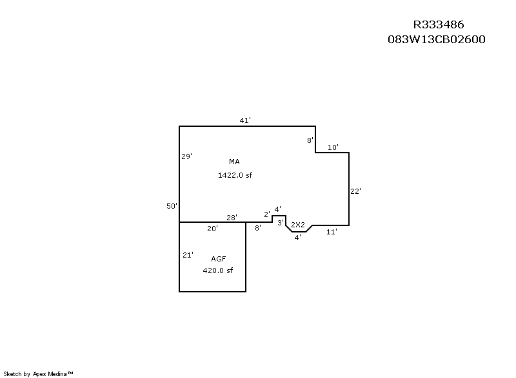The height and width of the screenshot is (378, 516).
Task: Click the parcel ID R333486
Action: [x=439, y=24]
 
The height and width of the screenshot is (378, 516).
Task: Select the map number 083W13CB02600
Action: [x=437, y=39]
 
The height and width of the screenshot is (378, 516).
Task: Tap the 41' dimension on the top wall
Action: [x=245, y=120]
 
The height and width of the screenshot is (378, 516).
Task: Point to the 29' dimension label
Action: [x=186, y=156]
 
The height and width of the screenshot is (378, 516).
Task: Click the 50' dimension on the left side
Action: [x=172, y=206]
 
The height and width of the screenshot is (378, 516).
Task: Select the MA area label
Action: [x=234, y=162]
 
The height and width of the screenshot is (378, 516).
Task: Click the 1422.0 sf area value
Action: [x=235, y=175]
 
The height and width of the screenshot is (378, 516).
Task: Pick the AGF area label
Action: [x=219, y=259]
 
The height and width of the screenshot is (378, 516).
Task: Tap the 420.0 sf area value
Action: [x=217, y=270]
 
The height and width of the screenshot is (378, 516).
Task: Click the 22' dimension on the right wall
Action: [x=356, y=191]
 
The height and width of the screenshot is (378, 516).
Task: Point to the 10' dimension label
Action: [x=333, y=147]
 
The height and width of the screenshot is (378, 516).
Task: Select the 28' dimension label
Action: [x=232, y=218]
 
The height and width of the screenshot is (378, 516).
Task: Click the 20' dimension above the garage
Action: [x=213, y=229]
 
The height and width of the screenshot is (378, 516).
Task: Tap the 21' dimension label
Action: [x=188, y=255]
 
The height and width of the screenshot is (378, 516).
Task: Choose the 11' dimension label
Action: [x=332, y=232]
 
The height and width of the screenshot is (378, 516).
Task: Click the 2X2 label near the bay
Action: [x=298, y=225]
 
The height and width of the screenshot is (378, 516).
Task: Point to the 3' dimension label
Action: [x=281, y=223]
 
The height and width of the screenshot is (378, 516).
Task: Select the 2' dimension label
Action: [x=267, y=214]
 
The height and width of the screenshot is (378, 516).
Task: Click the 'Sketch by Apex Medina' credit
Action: [x=38, y=373]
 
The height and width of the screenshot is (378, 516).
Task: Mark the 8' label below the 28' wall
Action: [x=258, y=227]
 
